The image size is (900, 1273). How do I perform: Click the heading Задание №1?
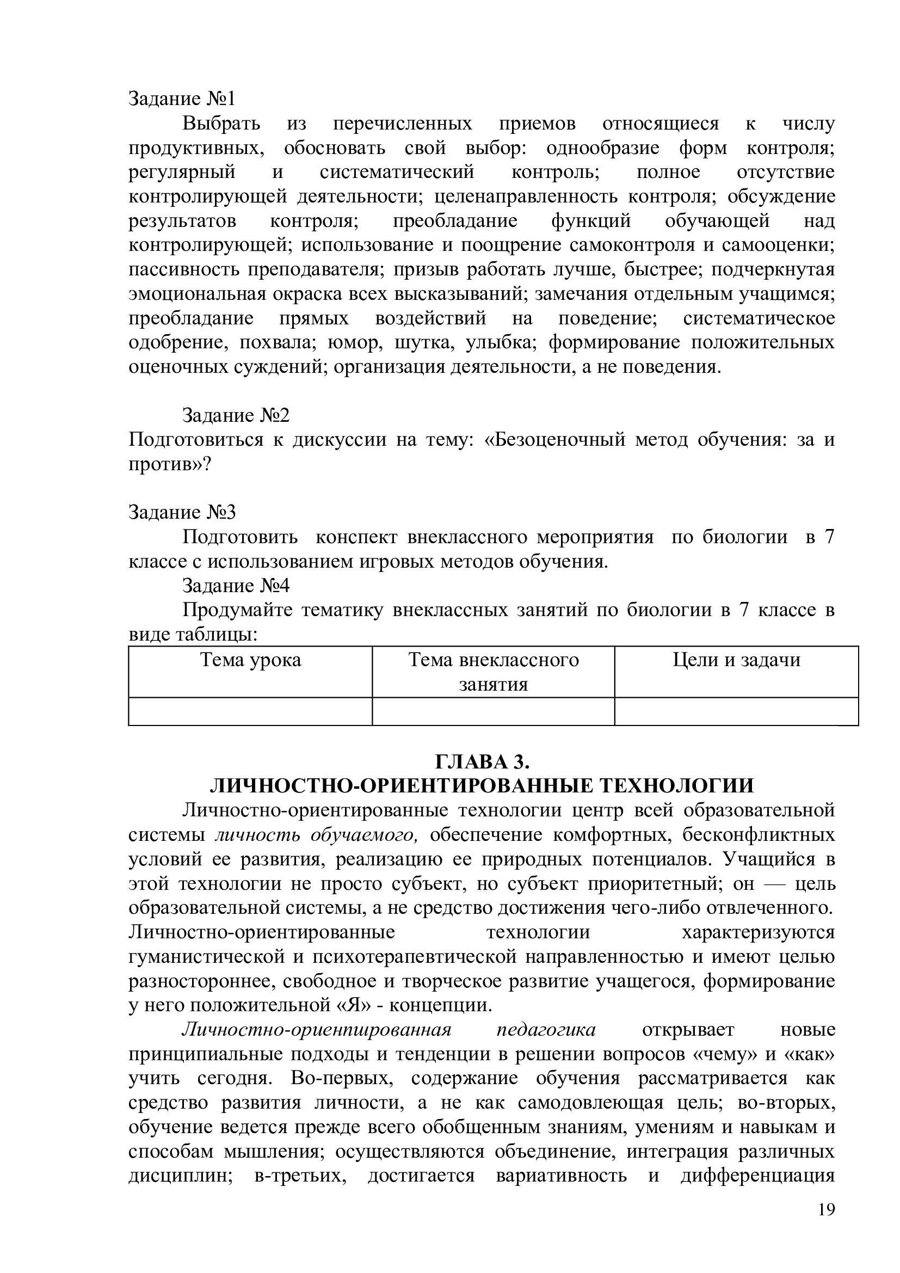point(182,99)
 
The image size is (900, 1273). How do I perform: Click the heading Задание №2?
point(236,415)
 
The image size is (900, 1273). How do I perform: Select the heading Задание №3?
point(182,512)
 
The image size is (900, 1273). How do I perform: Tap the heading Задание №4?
point(236,586)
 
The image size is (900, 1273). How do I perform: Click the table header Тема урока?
point(250,660)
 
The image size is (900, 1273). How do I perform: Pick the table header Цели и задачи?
point(737,660)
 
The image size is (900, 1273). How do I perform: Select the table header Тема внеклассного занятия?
point(493,672)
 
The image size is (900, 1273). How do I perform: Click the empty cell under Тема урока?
point(250,711)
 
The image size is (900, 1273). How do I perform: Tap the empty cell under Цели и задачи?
point(737,711)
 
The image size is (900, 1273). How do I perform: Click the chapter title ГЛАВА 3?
point(482,763)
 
